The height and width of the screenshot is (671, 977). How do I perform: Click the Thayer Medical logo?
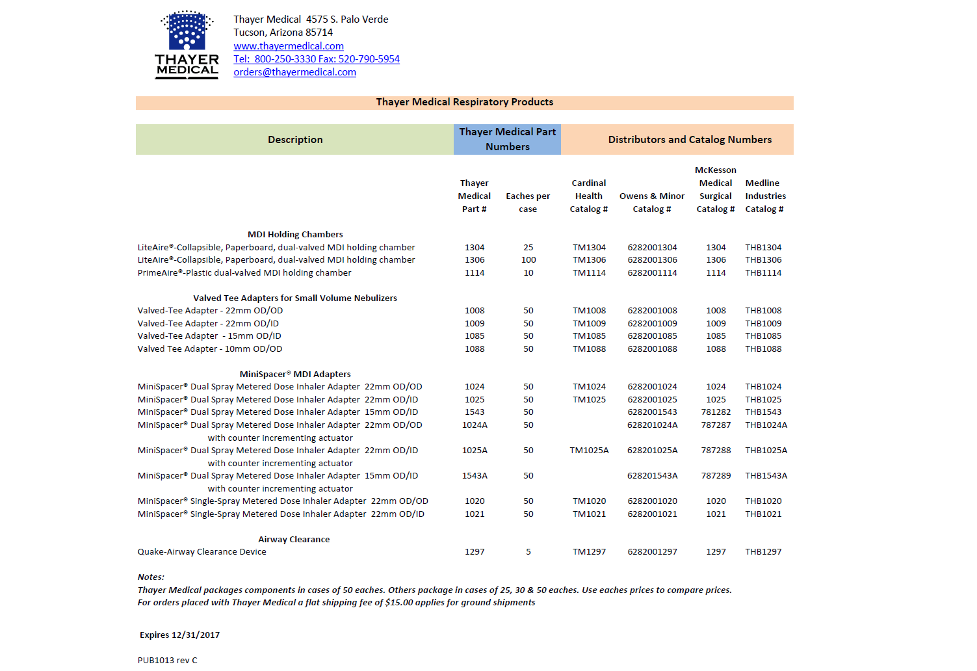point(187,45)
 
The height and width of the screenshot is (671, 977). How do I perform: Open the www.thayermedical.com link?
point(289,46)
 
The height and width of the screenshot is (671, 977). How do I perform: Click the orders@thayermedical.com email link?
point(294,72)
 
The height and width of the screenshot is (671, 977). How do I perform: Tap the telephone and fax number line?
point(317,59)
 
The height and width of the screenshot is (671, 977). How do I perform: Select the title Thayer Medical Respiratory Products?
point(464,102)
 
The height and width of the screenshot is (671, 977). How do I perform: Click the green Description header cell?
point(294,140)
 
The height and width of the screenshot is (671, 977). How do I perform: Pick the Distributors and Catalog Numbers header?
point(690,140)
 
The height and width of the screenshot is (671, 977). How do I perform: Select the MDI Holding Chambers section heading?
point(295,235)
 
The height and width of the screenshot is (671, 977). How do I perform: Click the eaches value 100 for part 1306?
point(528,260)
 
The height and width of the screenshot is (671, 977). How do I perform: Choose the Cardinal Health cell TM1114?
point(589,273)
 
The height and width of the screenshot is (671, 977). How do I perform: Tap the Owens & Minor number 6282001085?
point(652,336)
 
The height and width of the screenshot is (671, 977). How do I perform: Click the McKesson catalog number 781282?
point(716,412)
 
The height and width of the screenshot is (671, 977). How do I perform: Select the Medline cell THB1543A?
point(766,476)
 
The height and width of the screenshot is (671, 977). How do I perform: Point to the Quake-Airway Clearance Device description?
point(202,552)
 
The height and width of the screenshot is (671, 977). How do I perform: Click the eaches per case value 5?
point(528,552)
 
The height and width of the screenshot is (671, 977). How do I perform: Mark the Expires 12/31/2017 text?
point(179,635)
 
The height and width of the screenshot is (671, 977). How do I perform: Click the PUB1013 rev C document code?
point(167,661)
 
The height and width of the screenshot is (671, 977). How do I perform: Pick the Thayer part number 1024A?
point(475,425)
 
